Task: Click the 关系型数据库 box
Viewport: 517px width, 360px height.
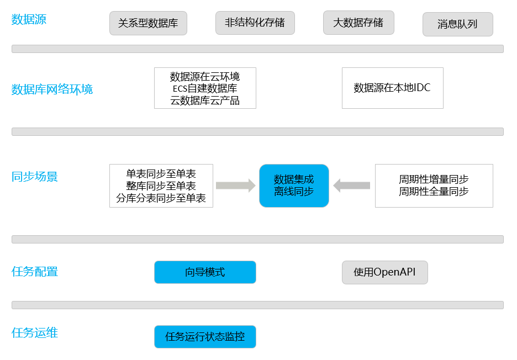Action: click(x=149, y=23)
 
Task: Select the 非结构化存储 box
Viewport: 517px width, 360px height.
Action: click(x=255, y=23)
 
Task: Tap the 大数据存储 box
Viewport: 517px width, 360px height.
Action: click(x=358, y=23)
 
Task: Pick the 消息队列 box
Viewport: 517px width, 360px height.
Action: click(x=458, y=24)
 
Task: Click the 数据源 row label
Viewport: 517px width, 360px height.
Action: click(x=29, y=19)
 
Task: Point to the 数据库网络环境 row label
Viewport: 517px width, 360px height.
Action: click(x=52, y=89)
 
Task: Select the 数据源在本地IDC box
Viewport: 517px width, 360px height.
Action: click(x=392, y=88)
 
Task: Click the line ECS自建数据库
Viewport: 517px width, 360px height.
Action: click(x=205, y=88)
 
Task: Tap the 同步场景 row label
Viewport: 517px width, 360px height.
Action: click(x=35, y=177)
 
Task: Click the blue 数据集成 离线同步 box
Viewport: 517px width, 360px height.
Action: click(x=294, y=186)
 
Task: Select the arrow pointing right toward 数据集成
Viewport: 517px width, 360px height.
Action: click(x=235, y=186)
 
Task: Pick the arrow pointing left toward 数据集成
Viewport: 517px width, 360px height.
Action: click(x=351, y=186)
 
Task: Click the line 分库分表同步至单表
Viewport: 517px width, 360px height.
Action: click(x=161, y=198)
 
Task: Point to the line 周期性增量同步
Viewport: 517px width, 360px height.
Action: click(x=434, y=179)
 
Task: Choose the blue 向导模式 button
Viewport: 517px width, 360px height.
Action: click(x=205, y=272)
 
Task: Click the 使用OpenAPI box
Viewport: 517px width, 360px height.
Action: click(x=385, y=272)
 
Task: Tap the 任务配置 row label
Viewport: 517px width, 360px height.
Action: click(x=35, y=272)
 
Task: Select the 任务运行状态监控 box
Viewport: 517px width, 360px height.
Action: click(x=205, y=337)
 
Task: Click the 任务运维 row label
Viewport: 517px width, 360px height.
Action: click(x=35, y=332)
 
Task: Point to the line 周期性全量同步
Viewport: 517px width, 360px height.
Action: click(x=434, y=192)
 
